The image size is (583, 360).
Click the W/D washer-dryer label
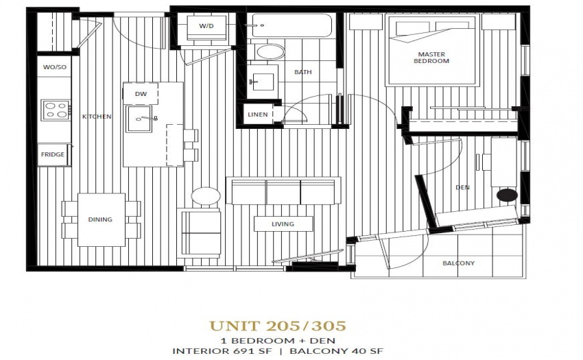click(x=206, y=26)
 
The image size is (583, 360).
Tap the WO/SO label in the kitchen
click(x=55, y=67)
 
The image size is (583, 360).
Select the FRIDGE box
click(x=53, y=155)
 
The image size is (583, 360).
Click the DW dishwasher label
click(x=141, y=94)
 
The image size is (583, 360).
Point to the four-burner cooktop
click(x=56, y=110)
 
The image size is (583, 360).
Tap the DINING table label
click(x=100, y=220)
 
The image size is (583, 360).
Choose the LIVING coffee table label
click(x=283, y=224)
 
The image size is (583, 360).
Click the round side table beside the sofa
click(x=206, y=195)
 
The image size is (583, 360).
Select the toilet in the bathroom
click(x=270, y=51)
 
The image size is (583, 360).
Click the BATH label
click(x=303, y=72)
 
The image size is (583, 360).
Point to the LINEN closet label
click(x=258, y=115)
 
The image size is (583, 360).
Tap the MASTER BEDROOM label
click(x=431, y=58)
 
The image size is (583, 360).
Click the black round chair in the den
click(x=507, y=195)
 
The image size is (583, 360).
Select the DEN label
click(x=462, y=187)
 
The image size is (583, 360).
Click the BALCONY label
click(x=458, y=263)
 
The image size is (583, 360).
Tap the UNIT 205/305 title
click(x=278, y=326)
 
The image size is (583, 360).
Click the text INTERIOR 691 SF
click(x=222, y=350)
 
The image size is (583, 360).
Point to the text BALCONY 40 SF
click(x=337, y=350)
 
